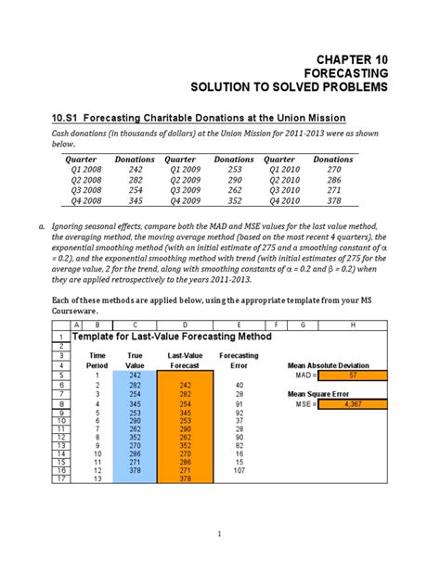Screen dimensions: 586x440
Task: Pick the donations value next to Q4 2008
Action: click(x=136, y=201)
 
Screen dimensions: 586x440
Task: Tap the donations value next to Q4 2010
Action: click(x=334, y=201)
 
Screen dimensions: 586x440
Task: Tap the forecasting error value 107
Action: click(x=239, y=470)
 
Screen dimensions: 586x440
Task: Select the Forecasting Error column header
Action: click(x=239, y=360)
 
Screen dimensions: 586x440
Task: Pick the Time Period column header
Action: click(x=97, y=360)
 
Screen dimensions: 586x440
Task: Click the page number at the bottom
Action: click(x=220, y=533)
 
